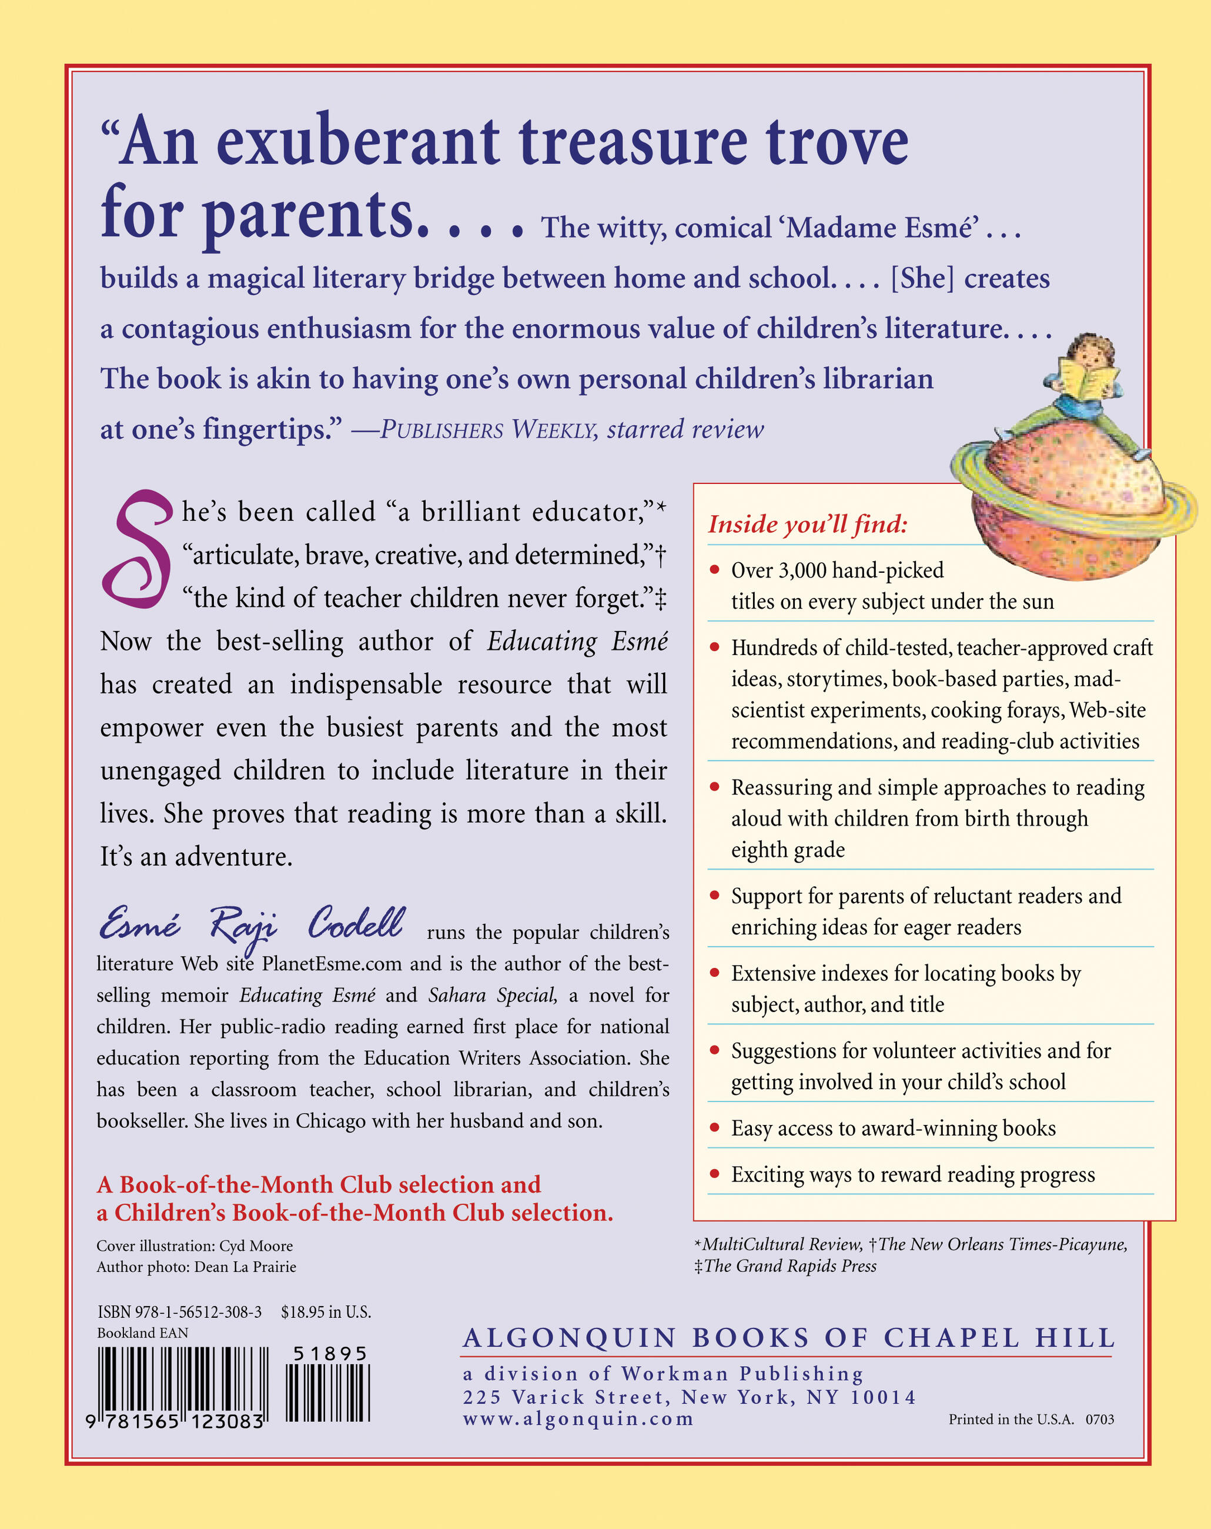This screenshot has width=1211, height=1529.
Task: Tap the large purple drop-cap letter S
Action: pos(137,550)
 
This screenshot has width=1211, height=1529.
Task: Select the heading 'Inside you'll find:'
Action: pos(808,524)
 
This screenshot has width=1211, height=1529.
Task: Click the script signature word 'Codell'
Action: pos(356,923)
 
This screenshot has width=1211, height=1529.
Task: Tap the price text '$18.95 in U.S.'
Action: pos(326,1312)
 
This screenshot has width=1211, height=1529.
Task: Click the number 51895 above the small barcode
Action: pos(330,1354)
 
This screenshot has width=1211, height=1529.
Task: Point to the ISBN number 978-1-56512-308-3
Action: pos(179,1312)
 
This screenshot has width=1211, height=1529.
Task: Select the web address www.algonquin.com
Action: pos(578,1419)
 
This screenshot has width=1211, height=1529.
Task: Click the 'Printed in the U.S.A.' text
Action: pos(1011,1419)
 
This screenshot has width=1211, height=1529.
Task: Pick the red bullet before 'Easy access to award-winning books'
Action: pos(715,1127)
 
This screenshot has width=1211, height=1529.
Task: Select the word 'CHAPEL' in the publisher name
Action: pos(951,1338)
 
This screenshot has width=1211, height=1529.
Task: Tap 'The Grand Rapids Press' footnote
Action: pos(789,1267)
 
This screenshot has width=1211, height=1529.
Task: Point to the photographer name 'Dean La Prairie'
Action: pos(245,1267)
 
